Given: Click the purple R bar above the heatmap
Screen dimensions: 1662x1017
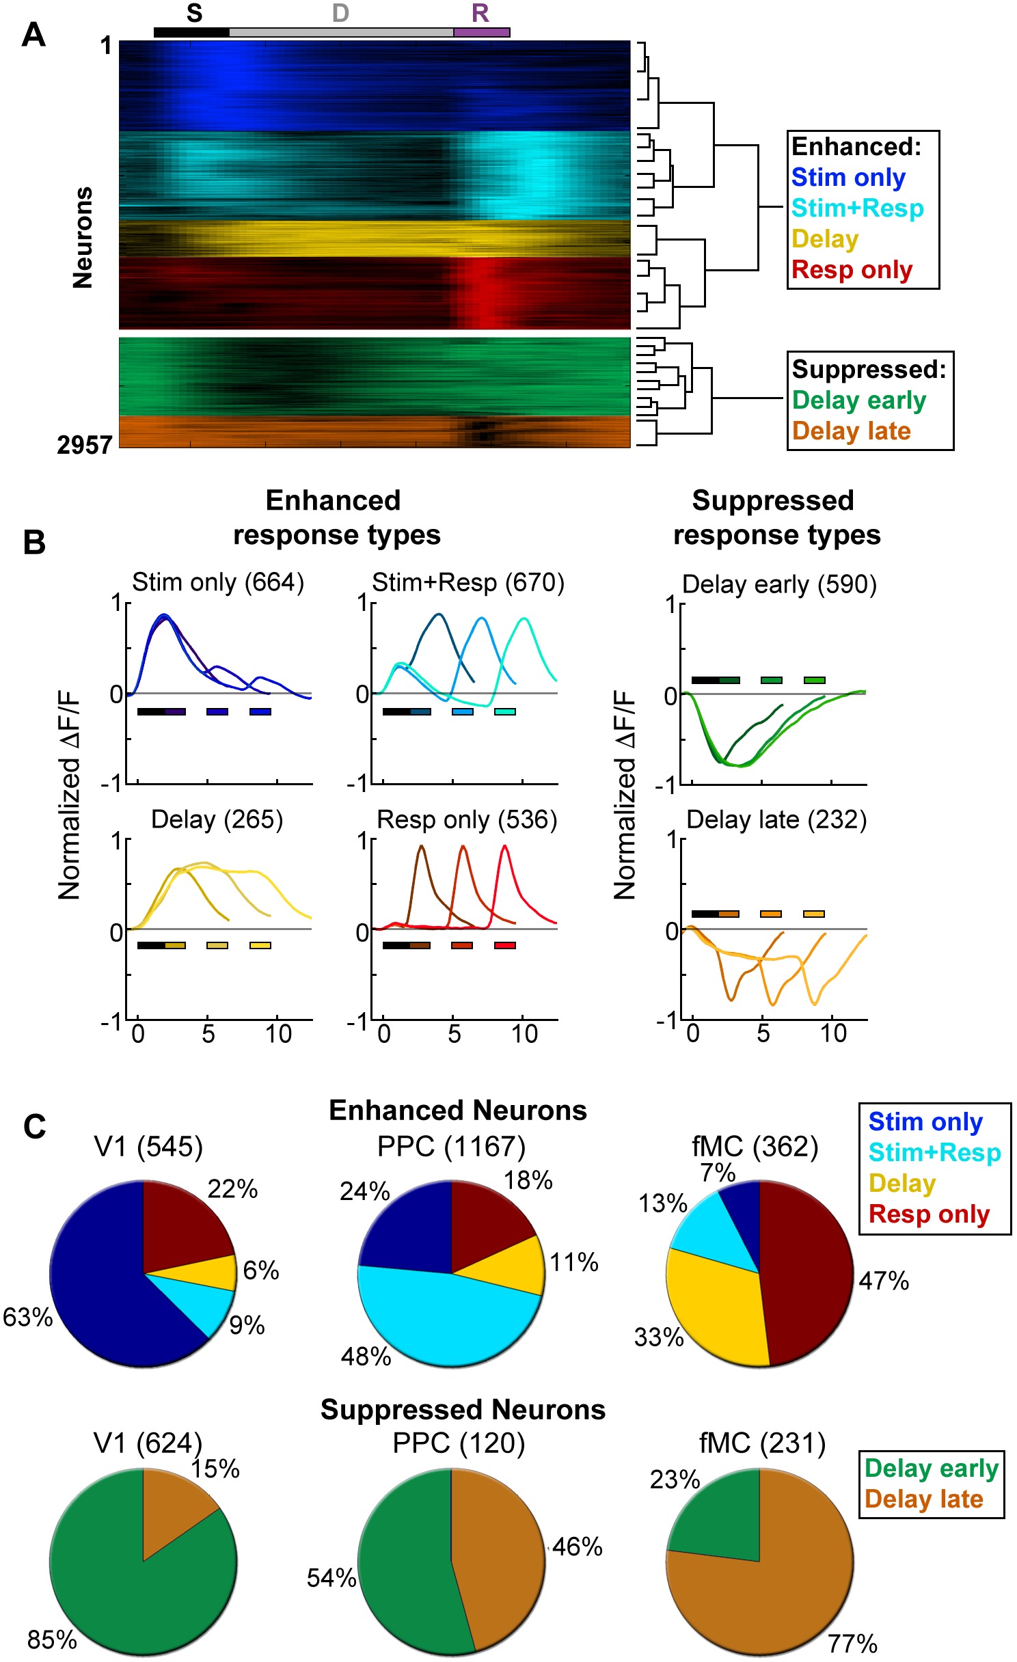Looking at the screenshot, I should click(481, 32).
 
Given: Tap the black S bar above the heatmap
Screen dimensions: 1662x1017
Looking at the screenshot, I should click(191, 32).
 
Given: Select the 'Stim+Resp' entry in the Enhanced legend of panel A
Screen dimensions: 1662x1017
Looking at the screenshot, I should click(857, 208).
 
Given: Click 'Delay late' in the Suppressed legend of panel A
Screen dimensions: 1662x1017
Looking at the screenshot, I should click(851, 431).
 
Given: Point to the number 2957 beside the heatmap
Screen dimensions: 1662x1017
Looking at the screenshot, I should click(84, 445).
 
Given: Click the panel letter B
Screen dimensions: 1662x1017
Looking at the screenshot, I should click(34, 542).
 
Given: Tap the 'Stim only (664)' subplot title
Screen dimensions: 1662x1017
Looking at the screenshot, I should click(217, 582).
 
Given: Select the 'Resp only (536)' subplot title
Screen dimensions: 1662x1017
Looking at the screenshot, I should click(467, 819).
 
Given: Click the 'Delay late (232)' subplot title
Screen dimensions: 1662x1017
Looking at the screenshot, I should click(776, 819).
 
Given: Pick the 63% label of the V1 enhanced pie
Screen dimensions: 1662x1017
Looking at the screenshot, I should click(27, 1317).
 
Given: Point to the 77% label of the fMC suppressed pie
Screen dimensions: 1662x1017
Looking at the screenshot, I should click(852, 1643).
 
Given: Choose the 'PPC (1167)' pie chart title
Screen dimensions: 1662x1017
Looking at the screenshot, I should click(451, 1147).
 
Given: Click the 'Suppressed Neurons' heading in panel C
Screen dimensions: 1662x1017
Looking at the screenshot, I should click(463, 1410).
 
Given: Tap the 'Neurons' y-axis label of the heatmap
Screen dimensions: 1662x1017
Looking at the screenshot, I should click(83, 237).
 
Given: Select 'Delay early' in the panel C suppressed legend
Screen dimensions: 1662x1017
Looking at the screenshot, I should click(931, 1468).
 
